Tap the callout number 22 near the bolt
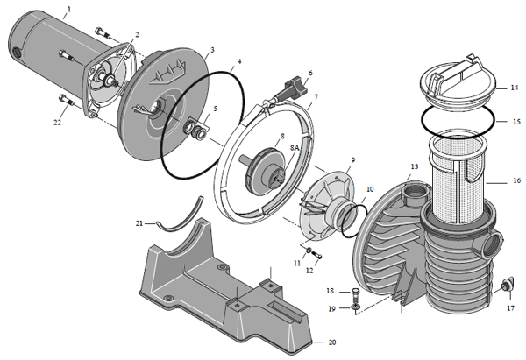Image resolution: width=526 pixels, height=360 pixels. (x=58, y=123)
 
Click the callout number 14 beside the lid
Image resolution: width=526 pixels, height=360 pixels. (x=515, y=88)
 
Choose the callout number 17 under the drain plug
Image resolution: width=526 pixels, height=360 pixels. (x=510, y=307)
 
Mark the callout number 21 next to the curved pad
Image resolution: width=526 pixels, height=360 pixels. (x=139, y=223)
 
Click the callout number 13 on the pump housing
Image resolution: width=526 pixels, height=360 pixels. (x=414, y=166)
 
